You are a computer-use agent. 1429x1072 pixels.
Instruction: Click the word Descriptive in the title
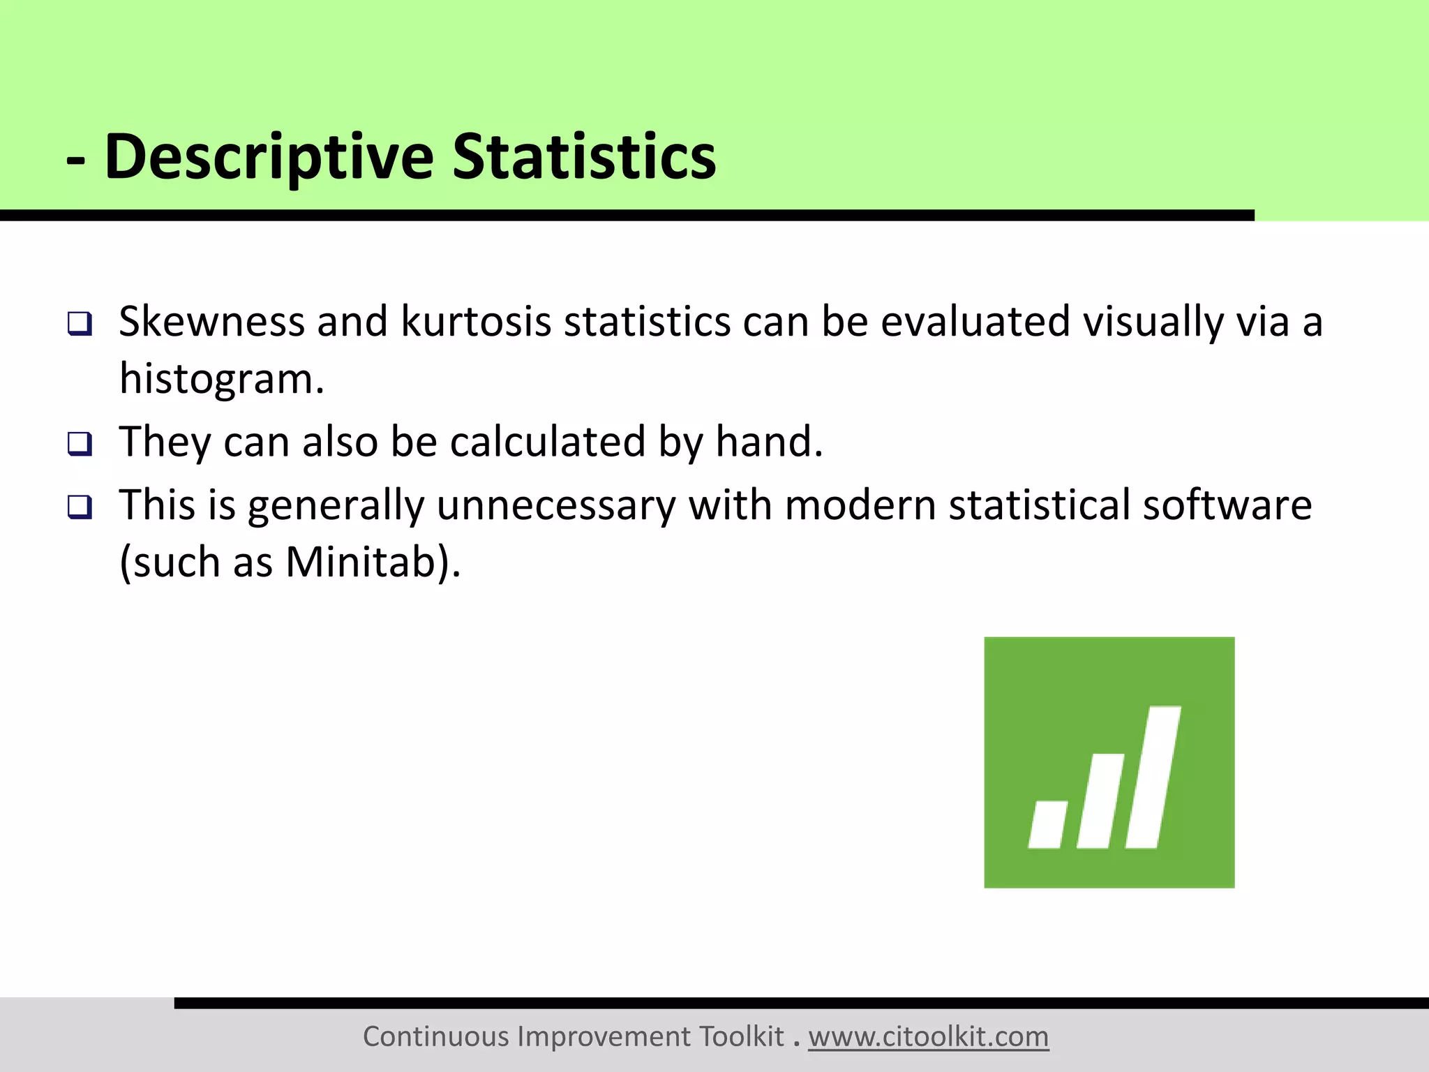(x=269, y=157)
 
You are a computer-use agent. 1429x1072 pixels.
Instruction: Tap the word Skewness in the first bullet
(x=211, y=322)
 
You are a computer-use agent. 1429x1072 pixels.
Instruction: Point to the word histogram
(x=221, y=379)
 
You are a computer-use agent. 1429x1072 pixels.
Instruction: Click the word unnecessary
(x=556, y=505)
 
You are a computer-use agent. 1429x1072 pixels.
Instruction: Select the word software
(x=1227, y=505)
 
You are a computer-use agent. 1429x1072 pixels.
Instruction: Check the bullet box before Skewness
(x=80, y=324)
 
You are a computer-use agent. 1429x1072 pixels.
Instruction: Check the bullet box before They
(x=80, y=444)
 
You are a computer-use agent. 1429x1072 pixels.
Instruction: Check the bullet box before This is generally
(x=80, y=507)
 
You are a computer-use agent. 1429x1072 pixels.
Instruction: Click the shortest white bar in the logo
(x=1047, y=825)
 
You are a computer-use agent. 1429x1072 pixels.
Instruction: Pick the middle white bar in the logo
(x=1101, y=801)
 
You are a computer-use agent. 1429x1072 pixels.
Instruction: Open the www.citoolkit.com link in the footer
(x=928, y=1037)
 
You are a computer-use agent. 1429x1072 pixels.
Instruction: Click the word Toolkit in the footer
(x=742, y=1037)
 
